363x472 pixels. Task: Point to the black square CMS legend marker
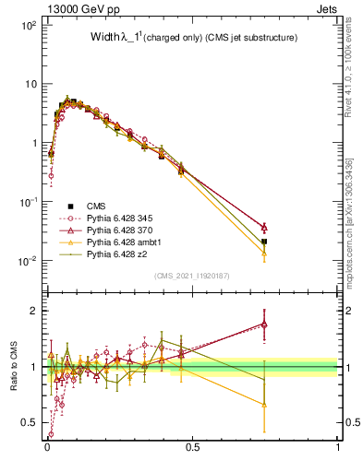(69, 206)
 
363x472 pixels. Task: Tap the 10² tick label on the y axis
(28, 26)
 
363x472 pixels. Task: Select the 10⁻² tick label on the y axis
(28, 261)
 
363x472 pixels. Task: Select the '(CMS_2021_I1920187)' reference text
(192, 276)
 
